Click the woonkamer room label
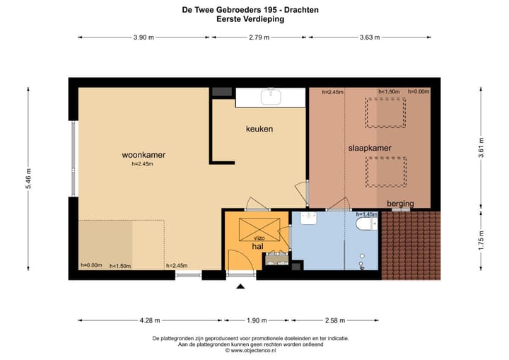144,155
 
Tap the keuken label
259,129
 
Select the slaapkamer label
370,148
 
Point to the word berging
400,204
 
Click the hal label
258,247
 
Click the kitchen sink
271,97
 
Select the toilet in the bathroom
367,223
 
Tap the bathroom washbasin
308,218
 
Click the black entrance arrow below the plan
240,286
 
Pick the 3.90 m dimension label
144,37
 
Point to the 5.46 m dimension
28,179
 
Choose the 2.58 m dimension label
335,320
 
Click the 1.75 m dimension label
481,240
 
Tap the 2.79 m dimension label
259,37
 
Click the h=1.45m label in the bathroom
367,214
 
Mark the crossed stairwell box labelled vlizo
259,230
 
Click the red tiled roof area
411,245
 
